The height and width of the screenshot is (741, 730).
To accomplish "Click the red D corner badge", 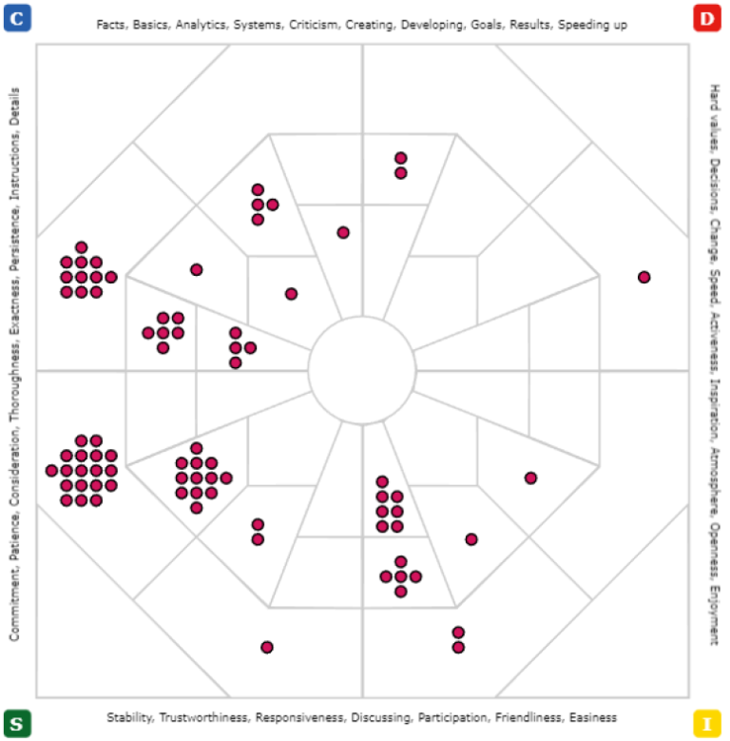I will (x=705, y=17).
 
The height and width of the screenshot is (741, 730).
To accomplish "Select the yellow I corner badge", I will (x=705, y=723).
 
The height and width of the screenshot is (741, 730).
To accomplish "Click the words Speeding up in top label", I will (x=595, y=25).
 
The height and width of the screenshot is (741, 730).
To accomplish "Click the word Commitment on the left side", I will (x=15, y=609).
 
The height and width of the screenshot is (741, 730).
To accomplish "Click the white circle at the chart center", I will (x=362, y=369).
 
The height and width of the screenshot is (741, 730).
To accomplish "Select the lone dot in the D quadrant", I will (x=644, y=277).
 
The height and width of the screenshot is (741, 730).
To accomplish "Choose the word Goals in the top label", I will (x=487, y=25).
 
